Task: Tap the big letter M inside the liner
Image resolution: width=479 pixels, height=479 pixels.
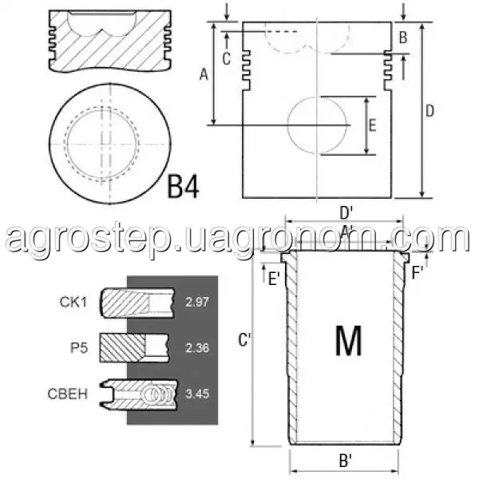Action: click(349, 340)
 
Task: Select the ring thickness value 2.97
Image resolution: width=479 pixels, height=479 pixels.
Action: click(197, 302)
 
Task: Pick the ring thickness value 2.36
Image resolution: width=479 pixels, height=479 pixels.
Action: click(197, 348)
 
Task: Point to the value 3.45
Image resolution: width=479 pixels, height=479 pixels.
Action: click(197, 394)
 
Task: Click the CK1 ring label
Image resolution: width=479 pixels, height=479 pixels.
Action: click(73, 302)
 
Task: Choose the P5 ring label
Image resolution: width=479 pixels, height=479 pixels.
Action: click(79, 348)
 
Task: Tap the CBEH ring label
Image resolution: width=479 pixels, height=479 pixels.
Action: click(68, 394)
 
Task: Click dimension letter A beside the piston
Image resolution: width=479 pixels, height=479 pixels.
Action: click(204, 74)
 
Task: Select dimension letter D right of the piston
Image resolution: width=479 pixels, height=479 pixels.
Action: click(430, 111)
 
